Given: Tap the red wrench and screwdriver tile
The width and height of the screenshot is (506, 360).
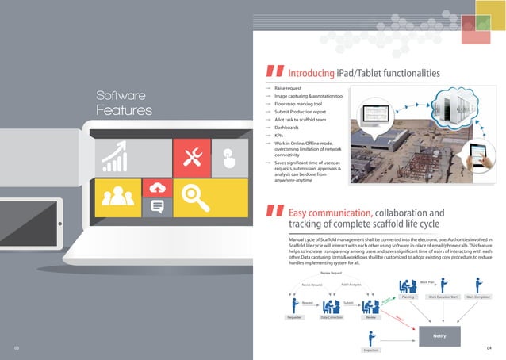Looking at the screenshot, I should tap(192, 157).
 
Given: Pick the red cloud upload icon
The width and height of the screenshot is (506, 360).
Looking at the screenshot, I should tap(157, 188).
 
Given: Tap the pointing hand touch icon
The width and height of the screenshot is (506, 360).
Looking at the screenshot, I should tap(230, 157).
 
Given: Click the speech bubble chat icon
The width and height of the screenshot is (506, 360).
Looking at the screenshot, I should tap(157, 208).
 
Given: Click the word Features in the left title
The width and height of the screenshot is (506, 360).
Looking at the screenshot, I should tap(124, 110).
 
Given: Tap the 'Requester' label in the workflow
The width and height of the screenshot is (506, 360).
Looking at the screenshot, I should tap(295, 316).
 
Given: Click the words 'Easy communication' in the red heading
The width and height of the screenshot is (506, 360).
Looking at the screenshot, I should tap(329, 213).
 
